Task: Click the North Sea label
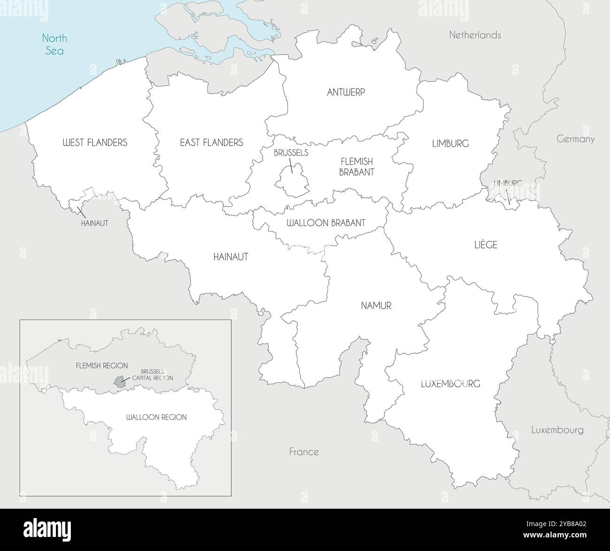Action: (54, 44)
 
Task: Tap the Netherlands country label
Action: (475, 35)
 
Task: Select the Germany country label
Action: (575, 139)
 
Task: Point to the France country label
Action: (304, 452)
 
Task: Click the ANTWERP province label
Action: (346, 93)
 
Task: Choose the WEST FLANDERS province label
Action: (95, 142)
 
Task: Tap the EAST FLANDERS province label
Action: (211, 142)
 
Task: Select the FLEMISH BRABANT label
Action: (357, 167)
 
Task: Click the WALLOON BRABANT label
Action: (326, 223)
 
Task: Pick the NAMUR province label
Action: (376, 306)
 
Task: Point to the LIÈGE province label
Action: (486, 245)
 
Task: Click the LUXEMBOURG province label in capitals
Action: (450, 384)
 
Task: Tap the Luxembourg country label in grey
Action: (557, 430)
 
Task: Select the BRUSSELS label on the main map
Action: (291, 153)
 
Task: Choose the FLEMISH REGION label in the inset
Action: (102, 365)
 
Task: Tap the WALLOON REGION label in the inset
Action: (156, 417)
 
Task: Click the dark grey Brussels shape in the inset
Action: (120, 382)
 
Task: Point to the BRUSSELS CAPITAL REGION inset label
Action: (152, 374)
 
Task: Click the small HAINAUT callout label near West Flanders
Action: (94, 224)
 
